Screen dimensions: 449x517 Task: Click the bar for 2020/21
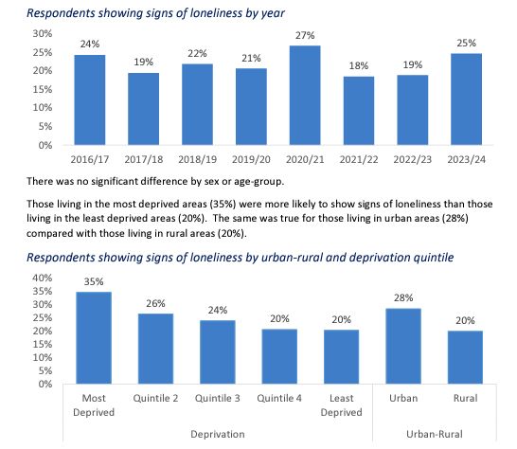305,96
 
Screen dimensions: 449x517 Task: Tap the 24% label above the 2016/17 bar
88,44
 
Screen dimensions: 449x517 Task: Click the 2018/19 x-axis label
196,159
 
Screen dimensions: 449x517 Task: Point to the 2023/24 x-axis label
467,159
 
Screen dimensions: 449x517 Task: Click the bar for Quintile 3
217,352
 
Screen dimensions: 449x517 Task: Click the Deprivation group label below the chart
217,433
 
